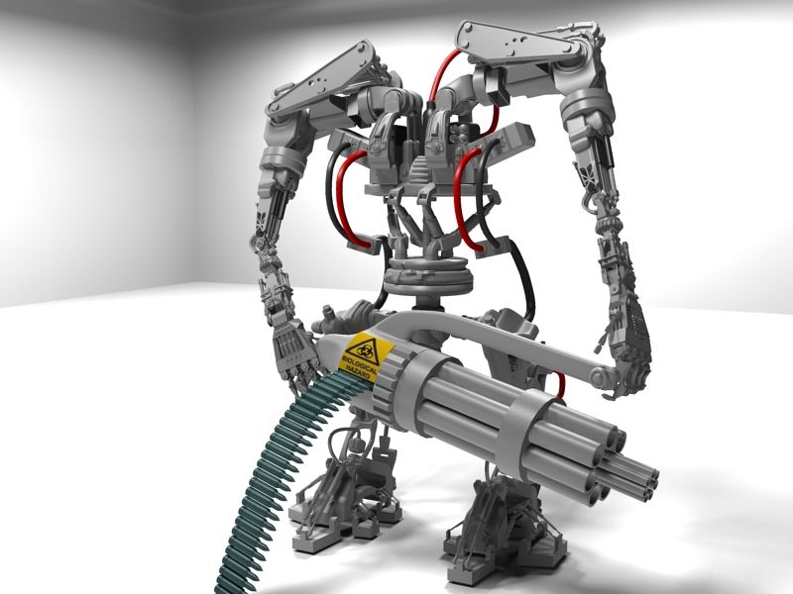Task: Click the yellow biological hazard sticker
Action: [367, 356]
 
